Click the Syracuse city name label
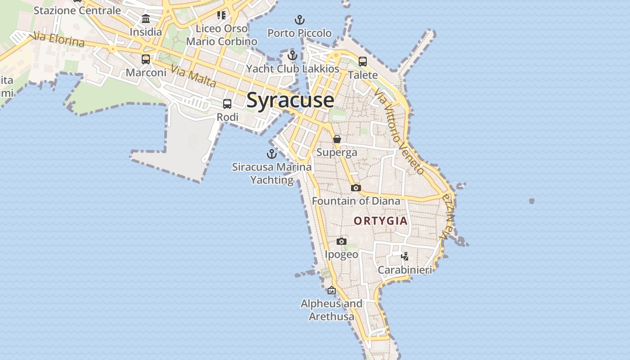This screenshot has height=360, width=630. [290, 100]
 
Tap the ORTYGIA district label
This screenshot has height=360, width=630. [381, 221]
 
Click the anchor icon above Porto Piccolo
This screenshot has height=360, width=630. [300, 20]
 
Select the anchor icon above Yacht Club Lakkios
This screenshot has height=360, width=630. [293, 55]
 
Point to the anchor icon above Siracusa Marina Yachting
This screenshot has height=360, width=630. [272, 154]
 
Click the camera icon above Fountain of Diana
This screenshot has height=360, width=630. [356, 188]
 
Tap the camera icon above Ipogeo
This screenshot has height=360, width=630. [342, 242]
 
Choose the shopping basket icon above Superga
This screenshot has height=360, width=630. [337, 139]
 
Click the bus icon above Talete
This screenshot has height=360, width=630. [363, 62]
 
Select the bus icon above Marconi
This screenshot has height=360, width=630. [146, 59]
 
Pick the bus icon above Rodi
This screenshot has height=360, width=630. [227, 104]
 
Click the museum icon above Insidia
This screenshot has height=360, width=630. [146, 19]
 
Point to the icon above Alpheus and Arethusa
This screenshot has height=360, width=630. [332, 291]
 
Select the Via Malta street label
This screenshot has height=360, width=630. [194, 76]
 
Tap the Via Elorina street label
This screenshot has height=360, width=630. [57, 40]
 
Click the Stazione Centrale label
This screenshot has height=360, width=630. [77, 10]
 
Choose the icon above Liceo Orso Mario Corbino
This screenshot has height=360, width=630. [221, 15]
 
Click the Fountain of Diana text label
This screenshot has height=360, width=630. [356, 201]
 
